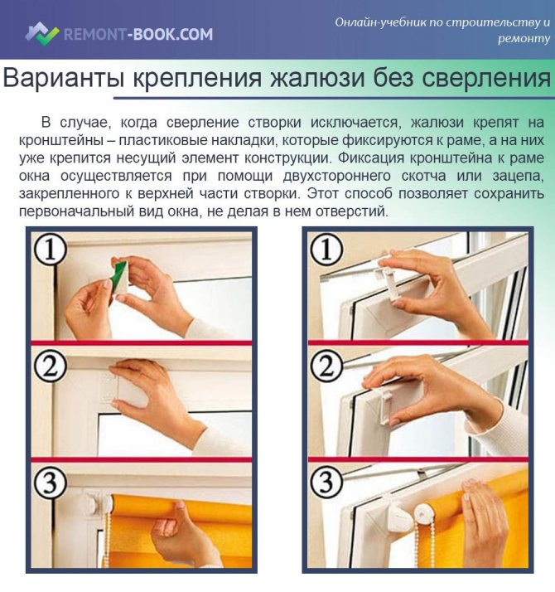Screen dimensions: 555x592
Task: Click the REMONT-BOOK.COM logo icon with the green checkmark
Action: (42, 33)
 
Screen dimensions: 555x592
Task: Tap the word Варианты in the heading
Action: (64, 78)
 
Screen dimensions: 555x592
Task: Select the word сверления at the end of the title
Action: (486, 78)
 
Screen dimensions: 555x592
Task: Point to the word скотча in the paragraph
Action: (423, 176)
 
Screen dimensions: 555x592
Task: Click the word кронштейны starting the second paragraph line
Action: (60, 140)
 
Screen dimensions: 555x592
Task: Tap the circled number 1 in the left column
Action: (51, 250)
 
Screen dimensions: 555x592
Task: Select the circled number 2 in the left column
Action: (51, 366)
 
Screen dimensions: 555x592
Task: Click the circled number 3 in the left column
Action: (51, 483)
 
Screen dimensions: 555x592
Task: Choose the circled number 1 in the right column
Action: (326, 250)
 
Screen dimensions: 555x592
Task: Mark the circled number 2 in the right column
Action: (326, 366)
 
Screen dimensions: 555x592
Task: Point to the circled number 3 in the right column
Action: (326, 483)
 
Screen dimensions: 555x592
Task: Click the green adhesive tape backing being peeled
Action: (118, 271)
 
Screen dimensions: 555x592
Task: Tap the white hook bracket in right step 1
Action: (388, 280)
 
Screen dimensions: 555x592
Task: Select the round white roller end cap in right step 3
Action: (424, 515)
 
